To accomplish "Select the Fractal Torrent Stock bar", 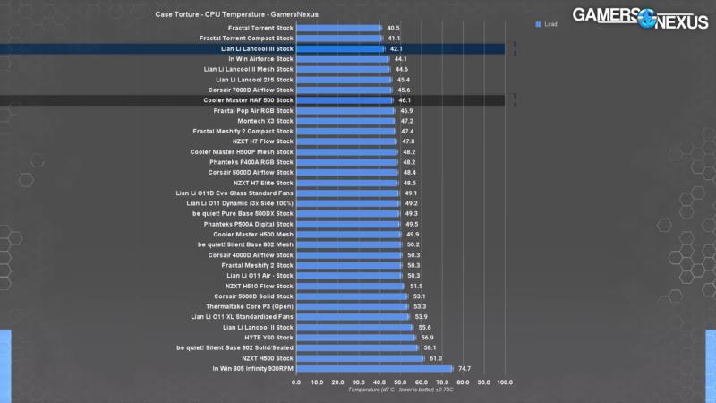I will pos(338,28).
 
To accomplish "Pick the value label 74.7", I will pos(465,368).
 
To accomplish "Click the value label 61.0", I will pos(436,358).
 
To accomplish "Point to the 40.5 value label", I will pos(393,28).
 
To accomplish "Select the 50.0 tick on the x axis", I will pos(400,382).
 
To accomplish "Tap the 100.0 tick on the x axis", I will pos(504,382).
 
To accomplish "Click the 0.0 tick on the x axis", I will pos(296,382).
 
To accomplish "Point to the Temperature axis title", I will pos(401,390).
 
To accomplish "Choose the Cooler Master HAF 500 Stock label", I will pos(248,100).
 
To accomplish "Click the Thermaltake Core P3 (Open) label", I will pos(250,306).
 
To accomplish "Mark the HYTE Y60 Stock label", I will pos(268,338).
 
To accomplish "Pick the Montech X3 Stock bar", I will pos(345,121).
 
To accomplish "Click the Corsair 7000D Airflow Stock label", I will pos(251,90).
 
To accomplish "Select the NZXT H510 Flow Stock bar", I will pos(350,286).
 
